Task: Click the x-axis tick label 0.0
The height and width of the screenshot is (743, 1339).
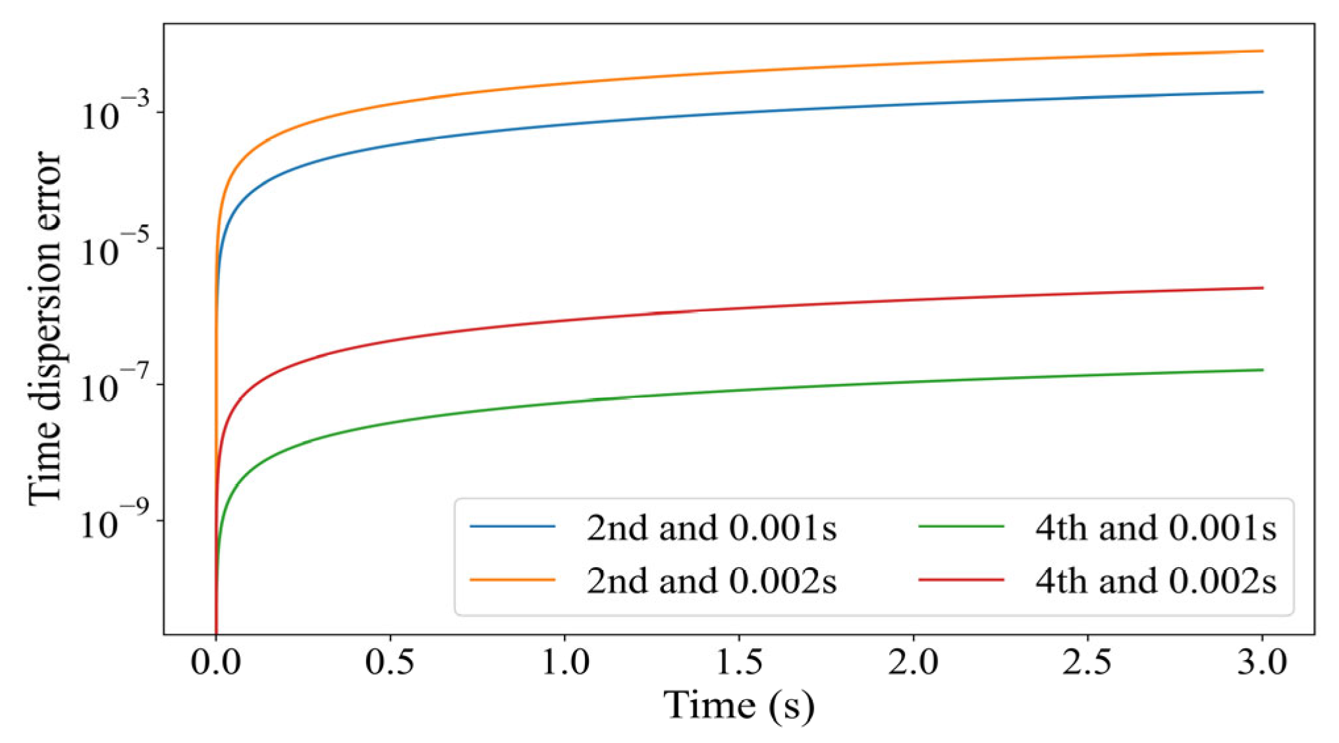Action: pos(215,661)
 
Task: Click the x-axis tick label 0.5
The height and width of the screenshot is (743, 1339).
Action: pos(390,661)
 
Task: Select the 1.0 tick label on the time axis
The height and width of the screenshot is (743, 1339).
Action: pos(564,661)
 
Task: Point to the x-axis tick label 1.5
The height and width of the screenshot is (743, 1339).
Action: pos(739,661)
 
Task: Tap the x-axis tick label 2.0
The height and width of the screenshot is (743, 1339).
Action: pos(913,661)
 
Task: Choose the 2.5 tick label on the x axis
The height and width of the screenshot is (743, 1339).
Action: pos(1087,661)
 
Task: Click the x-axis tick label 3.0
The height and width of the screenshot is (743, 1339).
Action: pos(1262,661)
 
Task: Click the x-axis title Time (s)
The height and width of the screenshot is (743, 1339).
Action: pos(739,706)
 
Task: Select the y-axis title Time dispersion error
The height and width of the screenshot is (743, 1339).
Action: pos(45,328)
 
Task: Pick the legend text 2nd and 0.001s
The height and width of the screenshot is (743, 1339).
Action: pos(711,528)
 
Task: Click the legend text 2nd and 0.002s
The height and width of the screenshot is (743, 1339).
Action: pos(711,581)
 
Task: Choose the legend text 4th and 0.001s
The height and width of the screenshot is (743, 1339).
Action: pos(1155,528)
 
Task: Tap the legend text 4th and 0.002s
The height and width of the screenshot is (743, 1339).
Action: pos(1155,581)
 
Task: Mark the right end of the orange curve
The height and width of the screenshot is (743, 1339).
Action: pos(1262,51)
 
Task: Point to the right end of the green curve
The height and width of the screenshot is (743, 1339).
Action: pos(1262,370)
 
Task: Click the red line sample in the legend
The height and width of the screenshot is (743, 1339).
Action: pos(961,580)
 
